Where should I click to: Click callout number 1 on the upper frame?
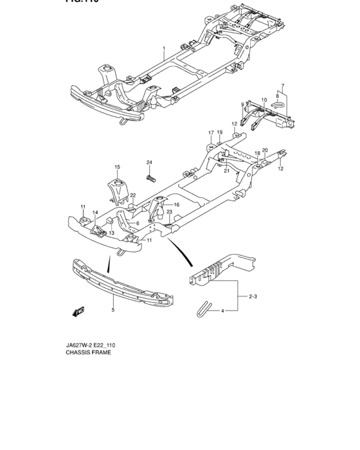(164, 49)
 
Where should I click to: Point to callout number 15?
(118, 167)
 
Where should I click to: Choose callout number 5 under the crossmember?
(282, 85)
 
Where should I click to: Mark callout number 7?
(282, 85)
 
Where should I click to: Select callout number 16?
(176, 204)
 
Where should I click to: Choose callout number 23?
(170, 212)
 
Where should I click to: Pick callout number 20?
(264, 150)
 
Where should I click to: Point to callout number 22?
(133, 195)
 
